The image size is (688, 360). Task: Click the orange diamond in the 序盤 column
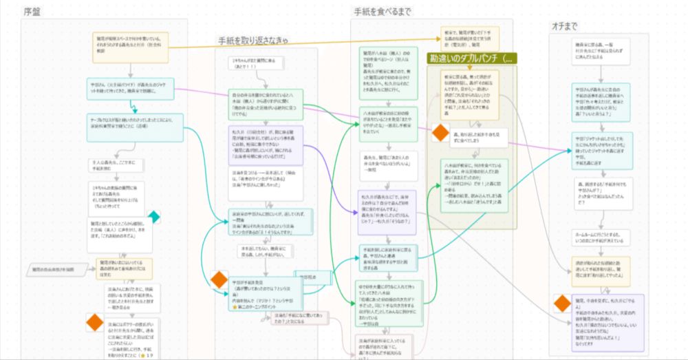click(x=95, y=321)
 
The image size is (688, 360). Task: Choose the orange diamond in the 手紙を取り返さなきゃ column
click(x=219, y=279)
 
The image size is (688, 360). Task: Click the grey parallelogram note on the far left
click(x=56, y=269)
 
